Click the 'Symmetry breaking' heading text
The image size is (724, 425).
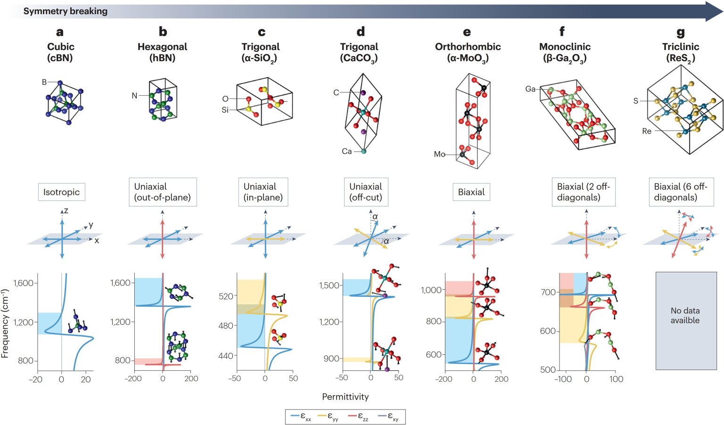65,11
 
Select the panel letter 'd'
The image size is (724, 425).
361,32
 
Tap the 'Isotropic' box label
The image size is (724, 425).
61,192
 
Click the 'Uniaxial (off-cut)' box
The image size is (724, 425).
365,192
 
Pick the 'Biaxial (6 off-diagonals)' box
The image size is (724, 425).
680,192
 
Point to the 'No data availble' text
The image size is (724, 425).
685,315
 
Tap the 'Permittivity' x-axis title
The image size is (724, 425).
345,397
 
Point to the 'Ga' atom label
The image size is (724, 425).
530,89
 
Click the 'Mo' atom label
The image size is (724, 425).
439,154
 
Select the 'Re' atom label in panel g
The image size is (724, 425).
646,131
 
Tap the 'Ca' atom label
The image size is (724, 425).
346,151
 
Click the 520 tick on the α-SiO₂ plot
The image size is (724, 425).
226,296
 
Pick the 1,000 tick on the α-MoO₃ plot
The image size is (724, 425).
431,290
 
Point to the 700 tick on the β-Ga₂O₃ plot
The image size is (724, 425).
548,292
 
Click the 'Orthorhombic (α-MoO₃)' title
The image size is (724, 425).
468,52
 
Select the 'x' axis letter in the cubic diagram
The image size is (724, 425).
97,240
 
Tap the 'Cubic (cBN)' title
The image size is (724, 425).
60,52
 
